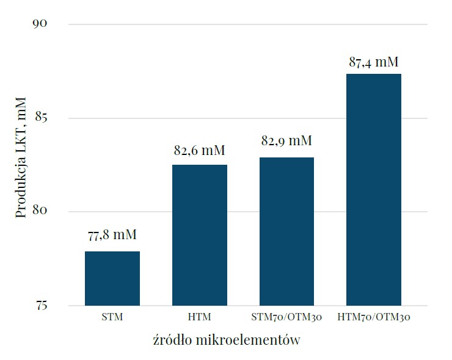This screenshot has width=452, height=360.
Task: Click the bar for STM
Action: [x=112, y=278]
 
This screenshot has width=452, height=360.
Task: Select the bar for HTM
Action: [x=200, y=235]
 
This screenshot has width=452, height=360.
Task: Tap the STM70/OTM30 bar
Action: [x=286, y=231]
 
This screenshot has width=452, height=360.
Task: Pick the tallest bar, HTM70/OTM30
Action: [x=374, y=189]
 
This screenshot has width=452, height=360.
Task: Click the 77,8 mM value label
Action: [x=112, y=235]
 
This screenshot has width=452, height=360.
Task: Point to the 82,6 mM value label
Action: [x=200, y=149]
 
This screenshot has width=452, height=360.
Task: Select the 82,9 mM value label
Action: [x=286, y=141]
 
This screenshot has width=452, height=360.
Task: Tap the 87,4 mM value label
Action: [x=374, y=62]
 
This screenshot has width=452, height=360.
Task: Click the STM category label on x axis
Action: [x=112, y=317]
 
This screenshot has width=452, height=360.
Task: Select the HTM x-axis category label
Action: [x=200, y=317]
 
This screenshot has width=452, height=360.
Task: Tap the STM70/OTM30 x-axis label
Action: [x=286, y=317]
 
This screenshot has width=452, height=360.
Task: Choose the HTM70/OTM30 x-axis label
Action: [x=374, y=317]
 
